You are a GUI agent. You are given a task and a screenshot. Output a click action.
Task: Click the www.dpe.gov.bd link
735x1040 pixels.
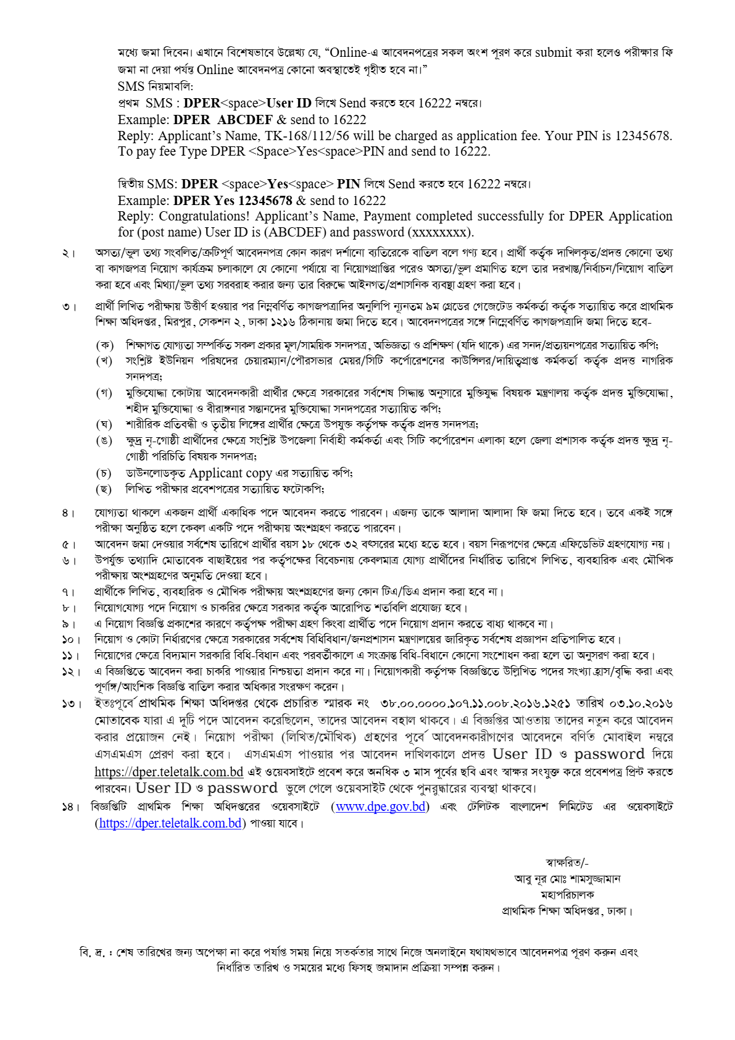pyautogui.click(x=380, y=807)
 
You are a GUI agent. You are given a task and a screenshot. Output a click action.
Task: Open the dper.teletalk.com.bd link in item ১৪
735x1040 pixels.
pyautogui.click(x=170, y=823)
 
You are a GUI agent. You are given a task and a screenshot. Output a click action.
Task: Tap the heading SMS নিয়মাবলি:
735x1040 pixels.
pyautogui.click(x=156, y=86)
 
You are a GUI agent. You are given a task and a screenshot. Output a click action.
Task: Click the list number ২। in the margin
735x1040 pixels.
pyautogui.click(x=69, y=253)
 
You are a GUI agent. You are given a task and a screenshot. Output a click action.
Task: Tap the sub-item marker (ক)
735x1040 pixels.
pyautogui.click(x=104, y=345)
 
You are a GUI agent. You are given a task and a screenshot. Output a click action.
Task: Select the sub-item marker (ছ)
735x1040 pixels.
pyautogui.click(x=104, y=489)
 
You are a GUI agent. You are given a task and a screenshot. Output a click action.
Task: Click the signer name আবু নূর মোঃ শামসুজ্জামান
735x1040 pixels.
pyautogui.click(x=567, y=879)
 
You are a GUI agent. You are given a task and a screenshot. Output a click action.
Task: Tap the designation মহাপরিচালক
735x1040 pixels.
pyautogui.click(x=567, y=894)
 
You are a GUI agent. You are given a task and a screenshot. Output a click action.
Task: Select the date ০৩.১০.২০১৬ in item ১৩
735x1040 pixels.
pyautogui.click(x=641, y=703)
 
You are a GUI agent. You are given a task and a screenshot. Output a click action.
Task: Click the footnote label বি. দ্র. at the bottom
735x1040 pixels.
pyautogui.click(x=94, y=952)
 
